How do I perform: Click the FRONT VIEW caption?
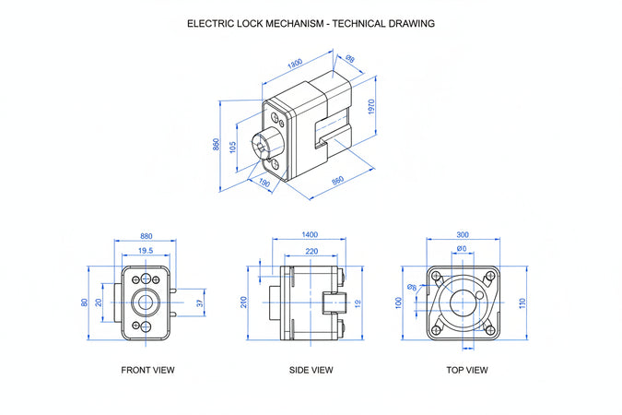[147, 370]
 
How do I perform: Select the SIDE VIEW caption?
[311, 370]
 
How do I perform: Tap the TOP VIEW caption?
[466, 370]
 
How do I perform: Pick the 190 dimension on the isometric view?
[264, 183]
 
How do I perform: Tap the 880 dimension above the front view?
[146, 235]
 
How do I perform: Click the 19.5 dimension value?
[146, 251]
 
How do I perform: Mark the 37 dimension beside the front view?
[201, 302]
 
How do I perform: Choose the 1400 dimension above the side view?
[311, 235]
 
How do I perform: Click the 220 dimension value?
[311, 251]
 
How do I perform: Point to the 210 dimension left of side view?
[244, 302]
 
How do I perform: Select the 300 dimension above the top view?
[462, 235]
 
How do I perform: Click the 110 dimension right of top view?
[522, 302]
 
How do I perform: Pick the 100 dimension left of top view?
[399, 302]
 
